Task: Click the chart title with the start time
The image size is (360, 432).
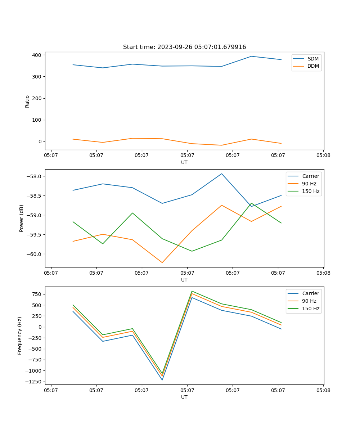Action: pos(184,47)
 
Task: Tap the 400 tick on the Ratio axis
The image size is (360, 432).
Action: pos(37,55)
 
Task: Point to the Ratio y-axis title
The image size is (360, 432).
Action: pos(27,101)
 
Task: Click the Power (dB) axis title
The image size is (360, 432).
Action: pos(22,218)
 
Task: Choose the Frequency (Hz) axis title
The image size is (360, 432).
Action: pos(20,336)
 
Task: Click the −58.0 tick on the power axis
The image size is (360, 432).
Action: pos(34,176)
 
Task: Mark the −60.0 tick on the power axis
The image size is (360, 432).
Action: pos(34,254)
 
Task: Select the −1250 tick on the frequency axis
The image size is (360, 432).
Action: pos(33,382)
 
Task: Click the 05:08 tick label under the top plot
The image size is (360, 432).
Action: pos(323,156)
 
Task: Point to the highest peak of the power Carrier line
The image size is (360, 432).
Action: pos(222,174)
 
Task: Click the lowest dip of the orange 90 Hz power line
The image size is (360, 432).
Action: pos(162,262)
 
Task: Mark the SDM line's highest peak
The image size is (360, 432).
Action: pos(251,56)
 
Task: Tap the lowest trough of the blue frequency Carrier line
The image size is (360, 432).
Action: pos(162,380)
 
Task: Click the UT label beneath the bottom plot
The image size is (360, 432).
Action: pos(184,397)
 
